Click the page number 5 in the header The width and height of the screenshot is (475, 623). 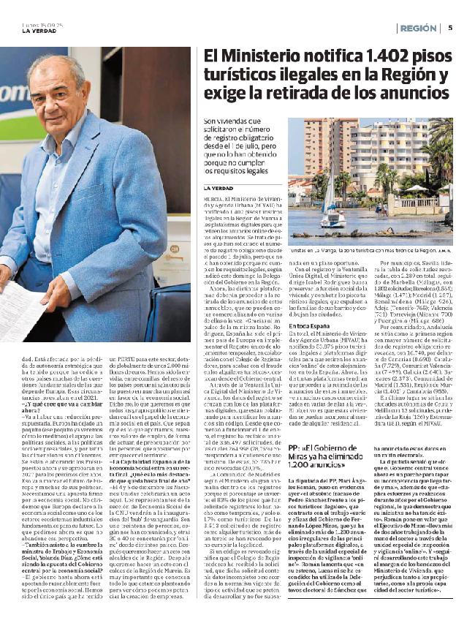pyautogui.click(x=450, y=28)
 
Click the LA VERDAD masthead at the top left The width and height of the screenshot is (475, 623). pyautogui.click(x=37, y=30)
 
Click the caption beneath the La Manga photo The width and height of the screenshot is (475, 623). pyautogui.click(x=370, y=250)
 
